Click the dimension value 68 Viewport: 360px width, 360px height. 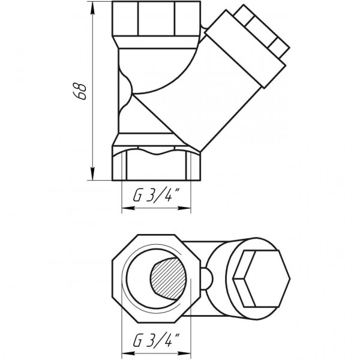tap(83, 90)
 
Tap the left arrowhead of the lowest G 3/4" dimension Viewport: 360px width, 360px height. tap(124, 358)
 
